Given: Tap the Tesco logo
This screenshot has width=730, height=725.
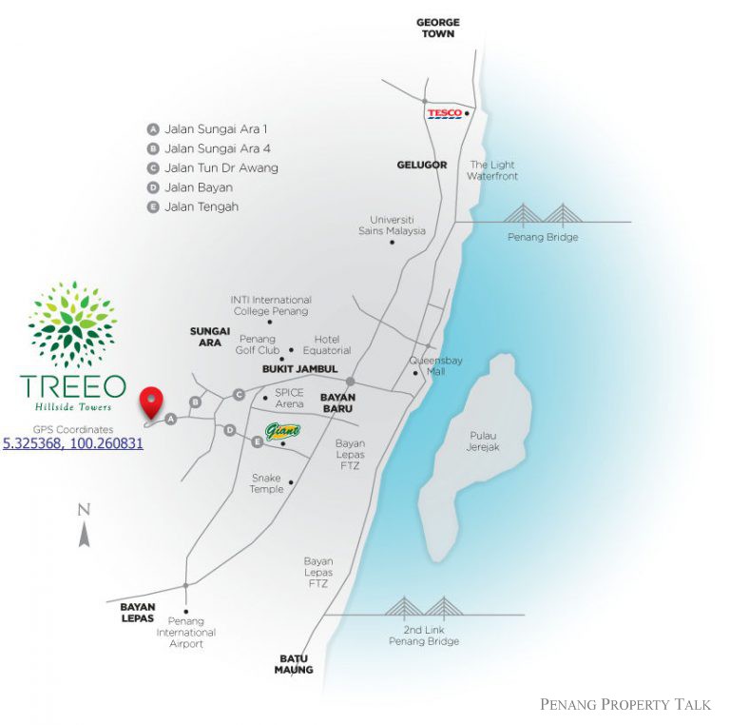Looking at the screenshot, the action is click(x=445, y=113).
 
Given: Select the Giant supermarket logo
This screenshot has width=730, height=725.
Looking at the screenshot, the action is click(x=282, y=432).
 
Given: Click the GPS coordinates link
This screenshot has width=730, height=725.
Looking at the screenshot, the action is click(x=73, y=443).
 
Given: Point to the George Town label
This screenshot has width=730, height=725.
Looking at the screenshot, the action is click(x=437, y=28).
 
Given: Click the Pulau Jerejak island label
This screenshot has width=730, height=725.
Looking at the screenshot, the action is click(x=483, y=441).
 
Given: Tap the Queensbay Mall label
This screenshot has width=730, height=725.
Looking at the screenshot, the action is click(x=435, y=365).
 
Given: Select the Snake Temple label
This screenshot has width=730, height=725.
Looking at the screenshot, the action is click(x=266, y=483).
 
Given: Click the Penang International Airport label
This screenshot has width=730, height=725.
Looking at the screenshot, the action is click(x=185, y=633).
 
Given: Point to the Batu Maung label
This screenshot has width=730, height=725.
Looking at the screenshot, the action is click(x=294, y=664).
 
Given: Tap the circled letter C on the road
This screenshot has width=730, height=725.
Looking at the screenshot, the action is click(x=239, y=395).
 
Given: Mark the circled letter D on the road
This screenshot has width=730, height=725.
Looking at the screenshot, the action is click(x=229, y=430).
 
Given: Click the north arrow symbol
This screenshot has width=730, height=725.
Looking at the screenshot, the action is click(x=85, y=525).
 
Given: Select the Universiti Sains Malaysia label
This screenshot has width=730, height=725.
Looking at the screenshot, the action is click(x=392, y=225).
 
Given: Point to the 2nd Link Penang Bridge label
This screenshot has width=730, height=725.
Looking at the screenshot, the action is click(x=424, y=636).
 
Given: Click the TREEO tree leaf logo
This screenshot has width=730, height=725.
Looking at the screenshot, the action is click(x=72, y=323).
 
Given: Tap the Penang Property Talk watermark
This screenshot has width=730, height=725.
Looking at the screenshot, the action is click(x=625, y=704).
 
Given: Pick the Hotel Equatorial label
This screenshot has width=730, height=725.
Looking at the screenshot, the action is click(x=327, y=344).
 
